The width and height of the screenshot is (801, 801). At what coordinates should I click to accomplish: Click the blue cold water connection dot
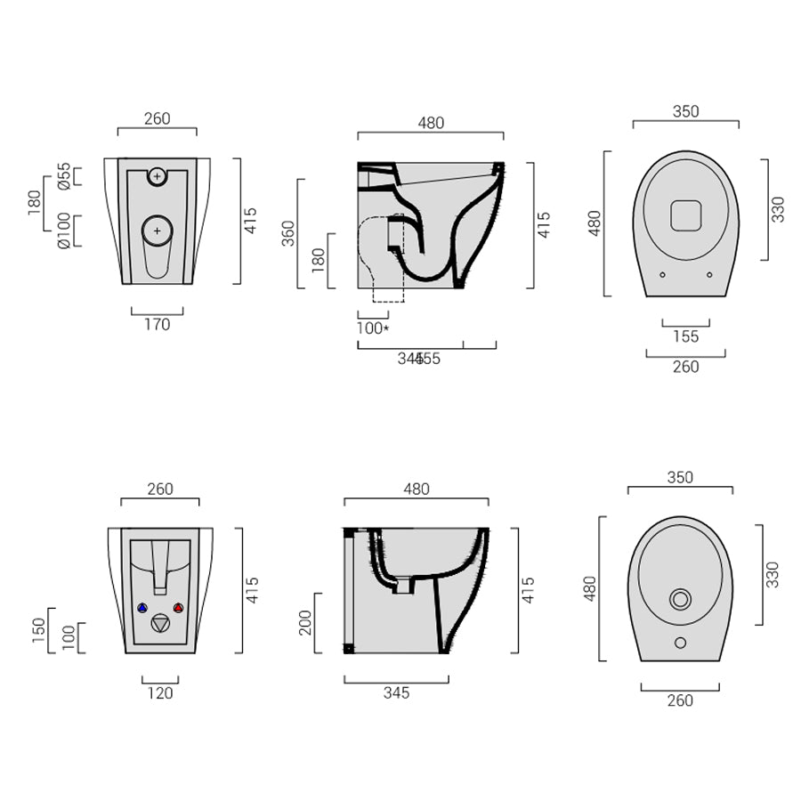[142, 608]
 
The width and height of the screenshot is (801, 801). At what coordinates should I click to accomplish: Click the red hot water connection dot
[178, 608]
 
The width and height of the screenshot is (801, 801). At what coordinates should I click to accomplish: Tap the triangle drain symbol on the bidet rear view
[160, 623]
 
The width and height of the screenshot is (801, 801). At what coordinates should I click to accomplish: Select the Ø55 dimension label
[64, 176]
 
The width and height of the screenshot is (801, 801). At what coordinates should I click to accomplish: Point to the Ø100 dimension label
[64, 231]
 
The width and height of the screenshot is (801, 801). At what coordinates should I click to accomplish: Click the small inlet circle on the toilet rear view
[158, 176]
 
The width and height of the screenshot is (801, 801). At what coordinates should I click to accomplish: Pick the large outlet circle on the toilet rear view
[158, 231]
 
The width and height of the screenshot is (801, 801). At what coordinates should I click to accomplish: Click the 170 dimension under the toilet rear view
[157, 325]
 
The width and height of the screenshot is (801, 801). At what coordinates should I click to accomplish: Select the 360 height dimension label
[288, 233]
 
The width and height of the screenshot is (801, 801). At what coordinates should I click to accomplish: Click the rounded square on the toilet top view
[685, 215]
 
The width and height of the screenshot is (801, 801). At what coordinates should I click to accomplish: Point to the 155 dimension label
[686, 336]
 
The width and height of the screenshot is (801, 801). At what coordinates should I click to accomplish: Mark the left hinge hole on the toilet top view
[662, 274]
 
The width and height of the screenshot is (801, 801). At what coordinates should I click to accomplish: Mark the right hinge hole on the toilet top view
[709, 274]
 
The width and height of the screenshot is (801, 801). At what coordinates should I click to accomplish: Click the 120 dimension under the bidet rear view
[160, 693]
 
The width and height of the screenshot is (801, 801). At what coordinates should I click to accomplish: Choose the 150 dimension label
[37, 629]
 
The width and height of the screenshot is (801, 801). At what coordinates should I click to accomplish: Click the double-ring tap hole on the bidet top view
[680, 599]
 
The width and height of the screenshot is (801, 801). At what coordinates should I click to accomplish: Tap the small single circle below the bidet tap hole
[680, 643]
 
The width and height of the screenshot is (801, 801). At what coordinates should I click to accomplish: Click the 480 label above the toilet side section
[431, 124]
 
